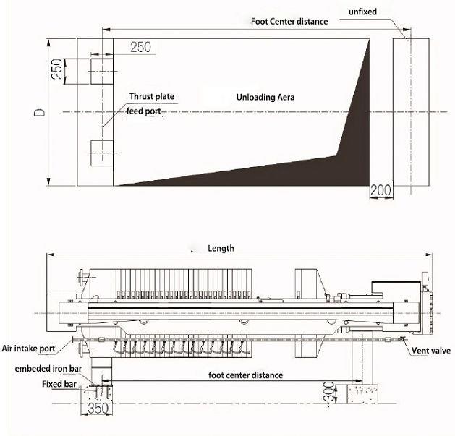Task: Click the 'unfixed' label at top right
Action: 362,12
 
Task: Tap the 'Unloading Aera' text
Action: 265,97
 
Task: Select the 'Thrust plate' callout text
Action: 151,96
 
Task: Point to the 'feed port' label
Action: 143,111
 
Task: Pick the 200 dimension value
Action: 380,190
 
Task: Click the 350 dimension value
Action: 98,409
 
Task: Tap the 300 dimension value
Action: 329,392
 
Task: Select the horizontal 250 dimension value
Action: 141,47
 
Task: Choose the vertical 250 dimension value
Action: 56,69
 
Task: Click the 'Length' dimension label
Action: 221,248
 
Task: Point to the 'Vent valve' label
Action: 431,351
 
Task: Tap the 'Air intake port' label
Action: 28,348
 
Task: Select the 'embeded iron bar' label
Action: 48,369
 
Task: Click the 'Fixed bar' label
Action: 59,384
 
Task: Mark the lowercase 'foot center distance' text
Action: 245,375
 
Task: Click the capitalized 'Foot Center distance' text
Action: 289,22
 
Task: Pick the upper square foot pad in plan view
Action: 102,72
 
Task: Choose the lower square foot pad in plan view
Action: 102,153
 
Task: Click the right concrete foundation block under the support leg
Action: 362,394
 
